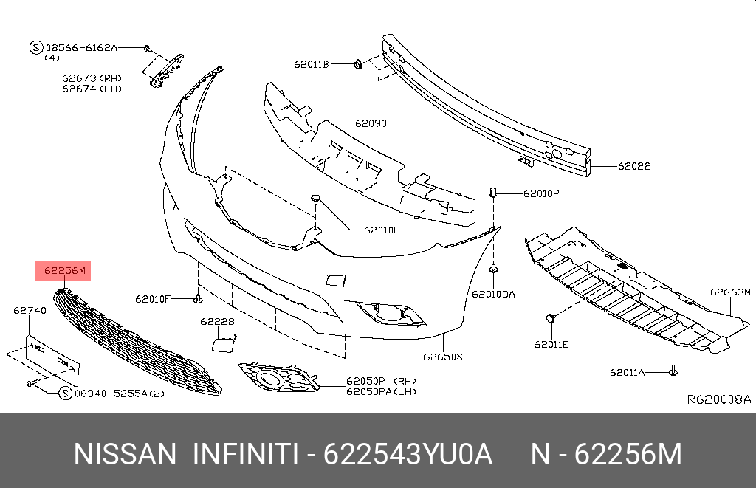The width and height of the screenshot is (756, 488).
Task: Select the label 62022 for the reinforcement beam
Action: click(634, 166)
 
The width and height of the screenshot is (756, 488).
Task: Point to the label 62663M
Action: click(730, 292)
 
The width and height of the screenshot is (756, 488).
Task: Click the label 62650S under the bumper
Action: click(442, 357)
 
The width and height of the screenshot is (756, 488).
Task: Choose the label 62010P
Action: click(541, 193)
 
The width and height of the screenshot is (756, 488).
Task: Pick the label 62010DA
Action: click(493, 294)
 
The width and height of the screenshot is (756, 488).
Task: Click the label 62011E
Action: click(551, 344)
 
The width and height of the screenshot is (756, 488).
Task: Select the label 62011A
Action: click(627, 372)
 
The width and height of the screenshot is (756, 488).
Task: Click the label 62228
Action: click(217, 322)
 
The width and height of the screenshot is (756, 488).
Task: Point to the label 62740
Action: click(30, 311)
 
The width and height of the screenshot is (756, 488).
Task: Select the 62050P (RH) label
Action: click(382, 382)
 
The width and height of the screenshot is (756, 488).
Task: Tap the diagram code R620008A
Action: click(718, 399)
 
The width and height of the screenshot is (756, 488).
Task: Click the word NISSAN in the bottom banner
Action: click(125, 455)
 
